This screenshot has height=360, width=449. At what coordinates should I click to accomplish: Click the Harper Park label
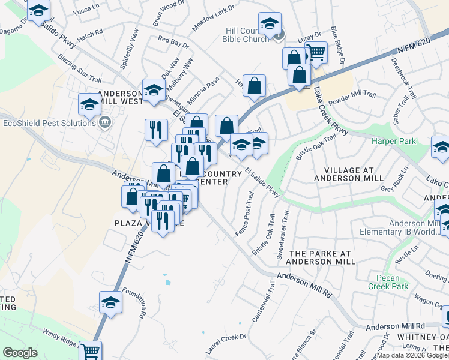(x=393, y=142)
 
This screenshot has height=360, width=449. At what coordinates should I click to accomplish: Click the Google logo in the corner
(x=20, y=353)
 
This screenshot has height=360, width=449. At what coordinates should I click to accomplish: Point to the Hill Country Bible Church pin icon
(x=278, y=35)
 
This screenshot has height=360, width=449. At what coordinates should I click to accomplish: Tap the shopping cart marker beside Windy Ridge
(x=90, y=350)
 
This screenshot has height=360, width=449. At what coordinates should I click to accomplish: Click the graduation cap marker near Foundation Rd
(x=111, y=302)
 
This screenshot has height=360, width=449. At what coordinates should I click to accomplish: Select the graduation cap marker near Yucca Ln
(x=38, y=11)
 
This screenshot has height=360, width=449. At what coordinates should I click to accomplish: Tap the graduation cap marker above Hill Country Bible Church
(x=270, y=23)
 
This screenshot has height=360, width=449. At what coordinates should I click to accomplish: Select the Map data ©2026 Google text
(x=412, y=355)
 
